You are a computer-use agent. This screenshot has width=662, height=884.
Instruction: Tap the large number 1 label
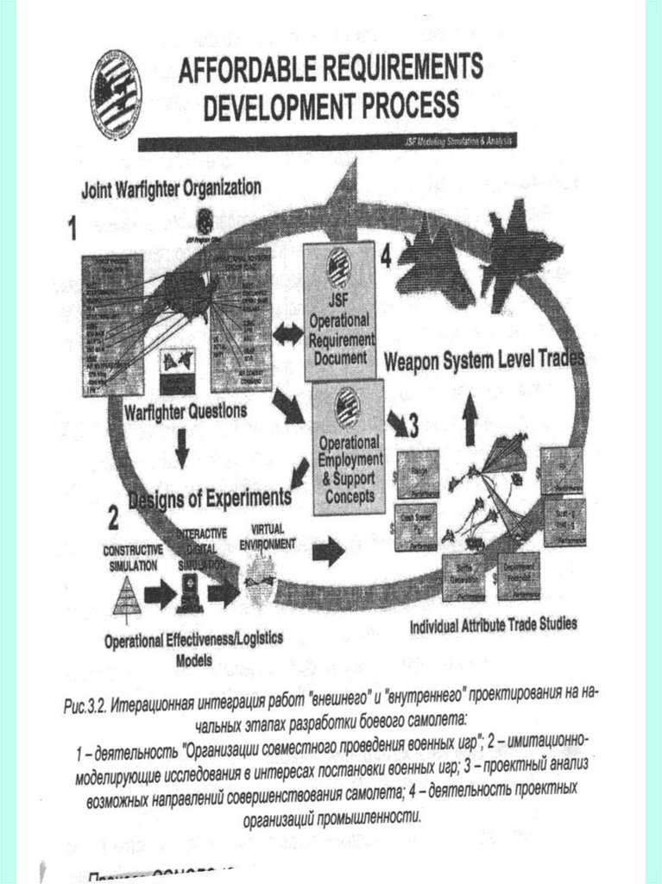tap(73, 228)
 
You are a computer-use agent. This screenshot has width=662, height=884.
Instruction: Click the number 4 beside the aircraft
tap(385, 256)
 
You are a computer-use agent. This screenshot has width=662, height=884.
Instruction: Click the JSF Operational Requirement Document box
tap(338, 311)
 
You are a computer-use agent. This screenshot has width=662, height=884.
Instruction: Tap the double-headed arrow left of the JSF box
tap(284, 331)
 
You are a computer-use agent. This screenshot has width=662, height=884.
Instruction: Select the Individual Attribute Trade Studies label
tap(493, 623)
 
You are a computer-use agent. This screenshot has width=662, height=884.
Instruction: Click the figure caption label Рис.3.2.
tap(84, 706)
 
